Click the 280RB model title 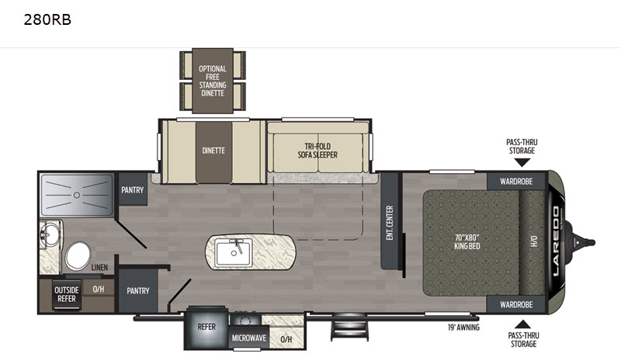(47, 19)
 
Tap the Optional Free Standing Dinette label (213, 81)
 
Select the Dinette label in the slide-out (213, 151)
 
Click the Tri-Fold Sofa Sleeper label (317, 151)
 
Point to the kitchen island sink (234, 253)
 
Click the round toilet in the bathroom (78, 256)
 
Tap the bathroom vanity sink (50, 234)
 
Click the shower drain (77, 195)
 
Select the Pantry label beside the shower (132, 189)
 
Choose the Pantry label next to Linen (138, 291)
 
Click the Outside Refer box (67, 294)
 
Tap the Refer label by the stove (206, 327)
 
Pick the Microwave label (249, 338)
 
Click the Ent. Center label (390, 223)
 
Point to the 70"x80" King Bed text (467, 241)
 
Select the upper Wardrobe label (516, 182)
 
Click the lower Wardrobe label (516, 304)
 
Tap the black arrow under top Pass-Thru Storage (522, 162)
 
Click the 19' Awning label (463, 328)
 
